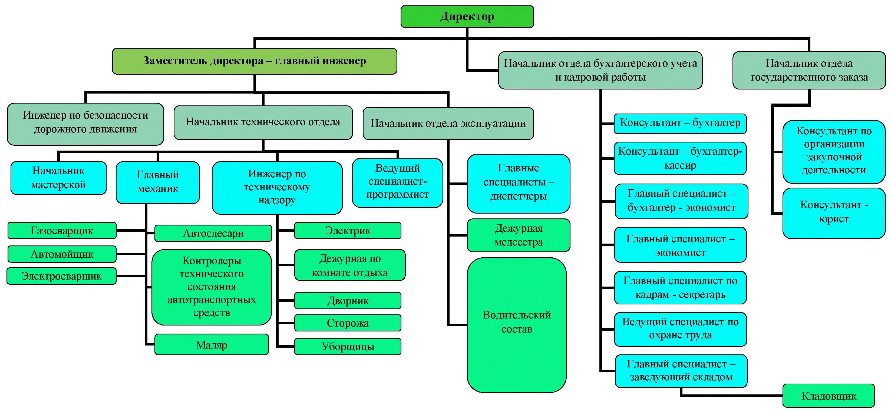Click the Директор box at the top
coord(467,16)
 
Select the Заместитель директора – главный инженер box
coord(255,61)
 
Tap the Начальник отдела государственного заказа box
coord(809,70)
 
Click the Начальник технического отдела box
coord(263,122)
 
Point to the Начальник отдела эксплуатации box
coord(448,123)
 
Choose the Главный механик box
coord(158,182)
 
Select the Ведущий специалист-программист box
coord(397,182)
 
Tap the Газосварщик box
coord(62,231)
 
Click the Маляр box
coord(211,345)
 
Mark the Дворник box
coord(348,301)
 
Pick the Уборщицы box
coord(348,346)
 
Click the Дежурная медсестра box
coord(518,235)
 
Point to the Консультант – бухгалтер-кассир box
coord(680,158)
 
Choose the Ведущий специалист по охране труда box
coord(680,329)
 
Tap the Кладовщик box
coord(829,396)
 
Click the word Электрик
coord(348,231)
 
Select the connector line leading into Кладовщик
coord(730,394)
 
